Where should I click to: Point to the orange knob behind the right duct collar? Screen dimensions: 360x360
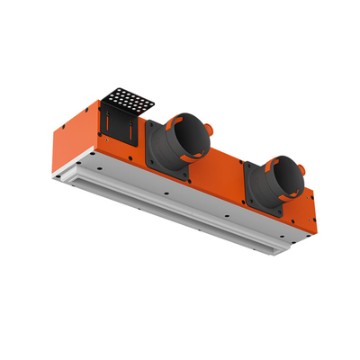click(x=303, y=167)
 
